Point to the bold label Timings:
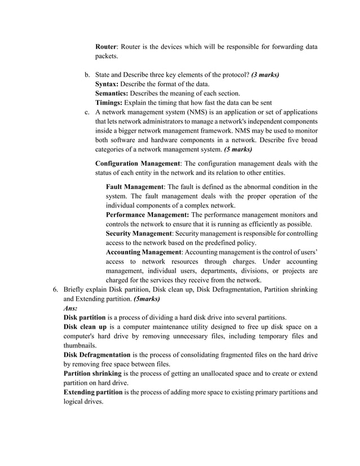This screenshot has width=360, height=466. tap(109, 103)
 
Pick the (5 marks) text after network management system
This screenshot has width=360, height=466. tap(238, 150)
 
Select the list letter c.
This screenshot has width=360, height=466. tap(87, 112)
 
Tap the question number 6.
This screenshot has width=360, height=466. tap(55, 289)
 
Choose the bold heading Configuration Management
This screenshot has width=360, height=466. tap(137, 164)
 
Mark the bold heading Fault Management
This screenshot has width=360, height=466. tap(135, 187)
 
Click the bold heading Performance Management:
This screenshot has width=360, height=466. tap(148, 215)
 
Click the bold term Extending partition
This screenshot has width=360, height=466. tap(94, 392)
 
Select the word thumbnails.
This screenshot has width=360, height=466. tap(80, 346)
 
